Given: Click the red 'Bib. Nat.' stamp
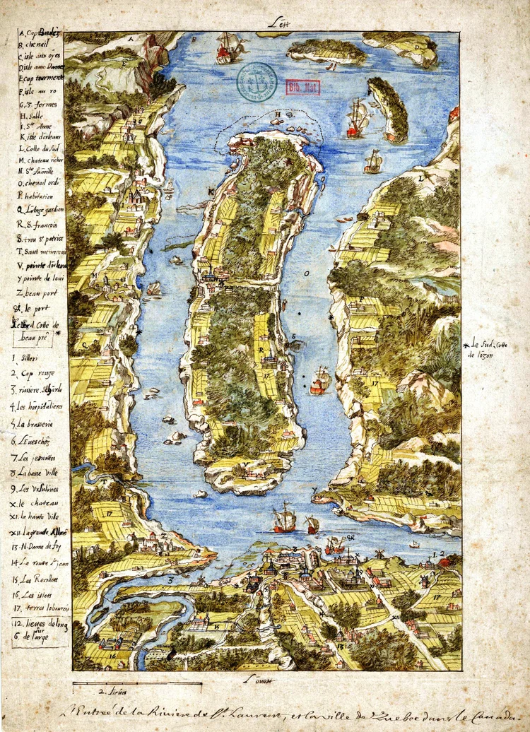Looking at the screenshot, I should pos(303,87).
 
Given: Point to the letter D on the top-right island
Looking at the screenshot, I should pos(417,47).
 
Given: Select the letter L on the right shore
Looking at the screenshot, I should pos(420,179).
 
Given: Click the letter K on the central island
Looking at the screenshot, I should pos(210,191).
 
